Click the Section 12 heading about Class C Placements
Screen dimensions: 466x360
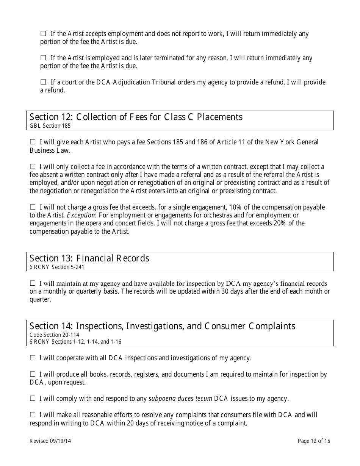pyautogui.click(x=136, y=117)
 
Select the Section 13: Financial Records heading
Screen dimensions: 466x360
pyautogui.click(x=89, y=258)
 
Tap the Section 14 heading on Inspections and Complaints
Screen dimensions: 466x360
pyautogui.click(x=162, y=326)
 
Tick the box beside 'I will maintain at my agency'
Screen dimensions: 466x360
pyautogui.click(x=33, y=283)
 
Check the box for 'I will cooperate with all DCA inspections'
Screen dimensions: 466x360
pyautogui.click(x=33, y=358)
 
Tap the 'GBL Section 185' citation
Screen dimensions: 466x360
pyautogui.click(x=50, y=126)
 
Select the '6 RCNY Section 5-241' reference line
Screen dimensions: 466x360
pyautogui.click(x=57, y=267)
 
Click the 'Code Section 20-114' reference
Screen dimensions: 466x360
pyautogui.click(x=54, y=335)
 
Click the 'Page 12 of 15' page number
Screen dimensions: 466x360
pyautogui.click(x=314, y=441)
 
